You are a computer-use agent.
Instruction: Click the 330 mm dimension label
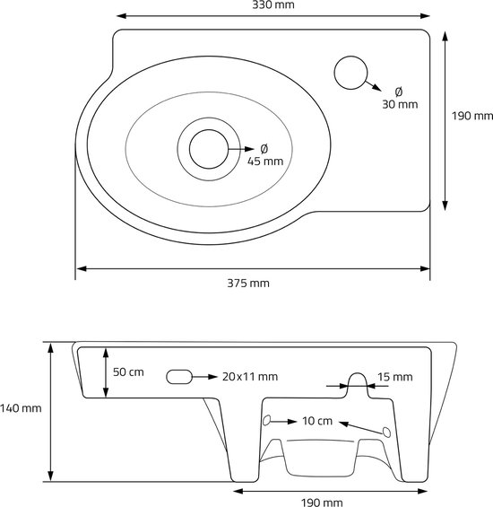(273, 4)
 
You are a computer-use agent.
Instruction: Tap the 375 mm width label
(248, 284)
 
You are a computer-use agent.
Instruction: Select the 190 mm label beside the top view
(472, 116)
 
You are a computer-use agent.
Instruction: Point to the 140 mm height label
(21, 408)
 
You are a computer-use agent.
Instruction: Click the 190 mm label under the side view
(322, 503)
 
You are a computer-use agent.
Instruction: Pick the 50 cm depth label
(128, 372)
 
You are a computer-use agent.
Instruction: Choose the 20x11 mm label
(250, 377)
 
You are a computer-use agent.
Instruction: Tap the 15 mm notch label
(395, 377)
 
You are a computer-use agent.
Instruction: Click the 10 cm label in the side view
(317, 421)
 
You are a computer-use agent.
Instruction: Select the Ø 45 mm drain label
(265, 155)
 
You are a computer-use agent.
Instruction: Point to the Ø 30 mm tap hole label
(400, 98)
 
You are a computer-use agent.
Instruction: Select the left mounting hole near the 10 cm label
(266, 420)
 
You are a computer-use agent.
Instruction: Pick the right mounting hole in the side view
(386, 432)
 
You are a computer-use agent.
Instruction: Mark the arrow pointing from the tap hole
(373, 85)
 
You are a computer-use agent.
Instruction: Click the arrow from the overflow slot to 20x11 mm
(204, 377)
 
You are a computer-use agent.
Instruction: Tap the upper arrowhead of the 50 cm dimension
(106, 353)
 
